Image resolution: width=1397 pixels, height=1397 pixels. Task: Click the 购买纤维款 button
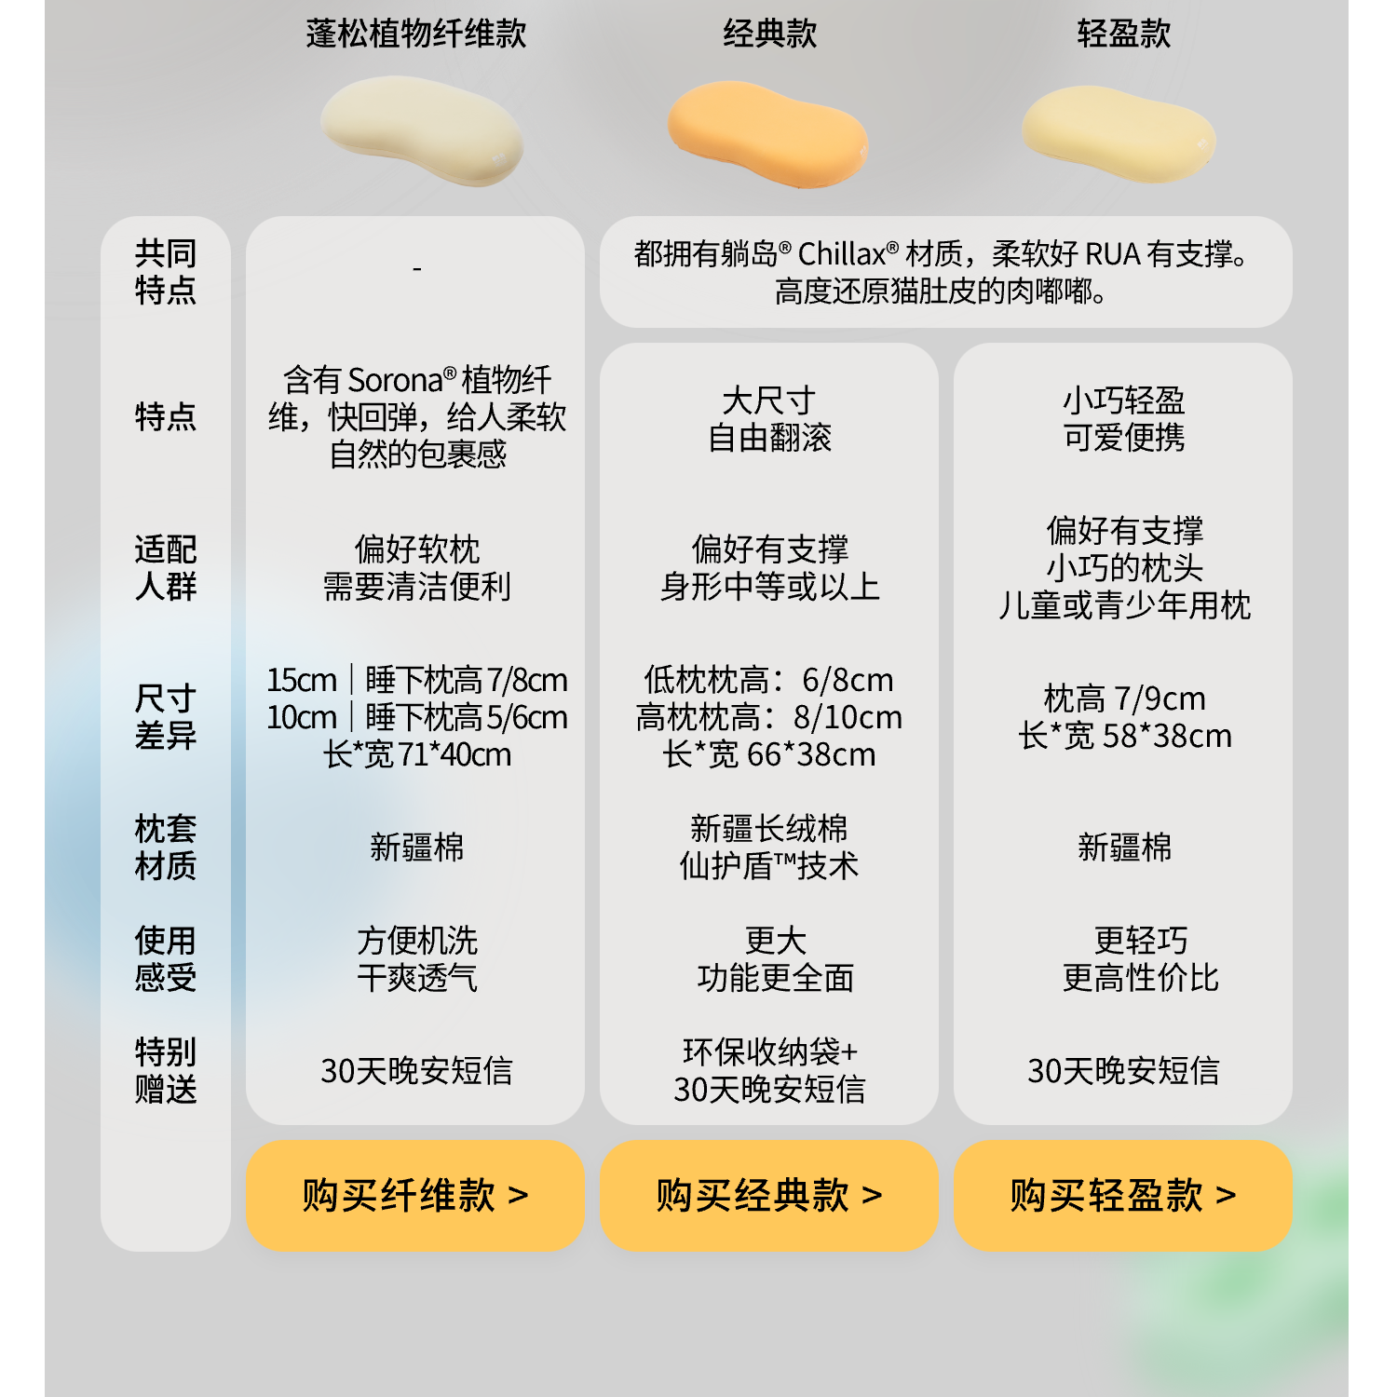[414, 1195]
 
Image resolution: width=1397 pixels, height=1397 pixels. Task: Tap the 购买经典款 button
[768, 1195]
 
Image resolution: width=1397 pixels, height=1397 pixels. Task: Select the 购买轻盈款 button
[1122, 1195]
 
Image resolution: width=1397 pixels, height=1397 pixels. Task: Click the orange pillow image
[768, 132]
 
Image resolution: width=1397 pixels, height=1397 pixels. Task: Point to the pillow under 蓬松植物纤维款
[421, 130]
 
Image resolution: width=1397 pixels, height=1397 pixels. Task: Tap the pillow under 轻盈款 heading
[1118, 133]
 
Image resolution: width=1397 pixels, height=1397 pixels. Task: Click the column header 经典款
[769, 34]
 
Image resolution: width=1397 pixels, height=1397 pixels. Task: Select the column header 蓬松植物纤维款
[416, 34]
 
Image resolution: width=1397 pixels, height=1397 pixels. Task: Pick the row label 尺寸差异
[166, 716]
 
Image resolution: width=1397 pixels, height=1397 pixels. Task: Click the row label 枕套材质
[166, 847]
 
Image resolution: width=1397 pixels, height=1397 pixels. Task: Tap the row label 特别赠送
[166, 1070]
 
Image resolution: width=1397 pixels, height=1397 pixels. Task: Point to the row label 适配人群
[166, 567]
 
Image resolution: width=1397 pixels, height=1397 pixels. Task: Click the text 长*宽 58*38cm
[1124, 736]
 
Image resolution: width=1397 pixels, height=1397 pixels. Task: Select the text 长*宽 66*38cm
[769, 754]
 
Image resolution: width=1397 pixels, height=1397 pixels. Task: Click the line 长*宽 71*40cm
[417, 754]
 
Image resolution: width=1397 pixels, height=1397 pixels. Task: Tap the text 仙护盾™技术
[769, 866]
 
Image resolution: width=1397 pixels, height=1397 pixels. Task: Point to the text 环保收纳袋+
[769, 1051]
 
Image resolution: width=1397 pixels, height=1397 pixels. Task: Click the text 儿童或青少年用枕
[1124, 605]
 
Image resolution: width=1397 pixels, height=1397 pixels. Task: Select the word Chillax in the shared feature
[842, 253]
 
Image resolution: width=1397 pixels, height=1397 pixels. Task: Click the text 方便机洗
[417, 941]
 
